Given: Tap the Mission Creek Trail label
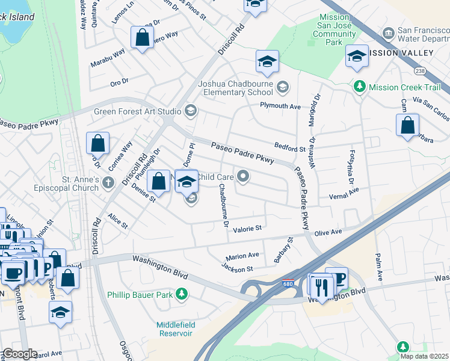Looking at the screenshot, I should pyautogui.click(x=406, y=87).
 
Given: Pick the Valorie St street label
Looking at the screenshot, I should pyautogui.click(x=248, y=229).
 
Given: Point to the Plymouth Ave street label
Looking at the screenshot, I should pyautogui.click(x=280, y=106).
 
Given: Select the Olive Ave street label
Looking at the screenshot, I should pyautogui.click(x=328, y=232).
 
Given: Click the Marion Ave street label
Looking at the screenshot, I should pyautogui.click(x=242, y=255).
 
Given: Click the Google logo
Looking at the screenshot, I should pyautogui.click(x=19, y=354).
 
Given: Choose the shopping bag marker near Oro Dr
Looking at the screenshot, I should pyautogui.click(x=141, y=38).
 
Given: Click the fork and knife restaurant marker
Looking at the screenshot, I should pyautogui.click(x=323, y=288).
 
